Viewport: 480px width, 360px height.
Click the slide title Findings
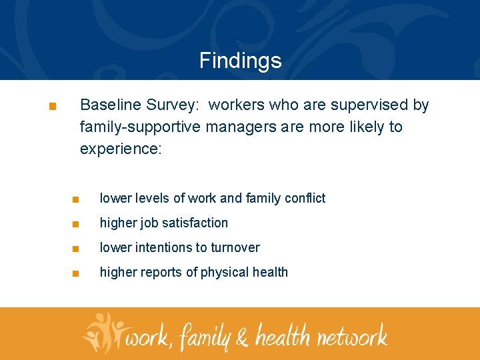(240, 61)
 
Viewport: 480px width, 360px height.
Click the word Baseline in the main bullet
(107, 105)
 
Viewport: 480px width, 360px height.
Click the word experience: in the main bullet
(120, 149)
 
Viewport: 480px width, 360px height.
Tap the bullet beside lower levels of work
(77, 199)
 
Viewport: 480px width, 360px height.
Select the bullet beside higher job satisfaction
(77, 223)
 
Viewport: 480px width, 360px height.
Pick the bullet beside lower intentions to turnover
(77, 248)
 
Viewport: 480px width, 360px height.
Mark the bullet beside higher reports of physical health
(77, 273)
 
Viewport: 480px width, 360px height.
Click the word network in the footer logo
(351, 335)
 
